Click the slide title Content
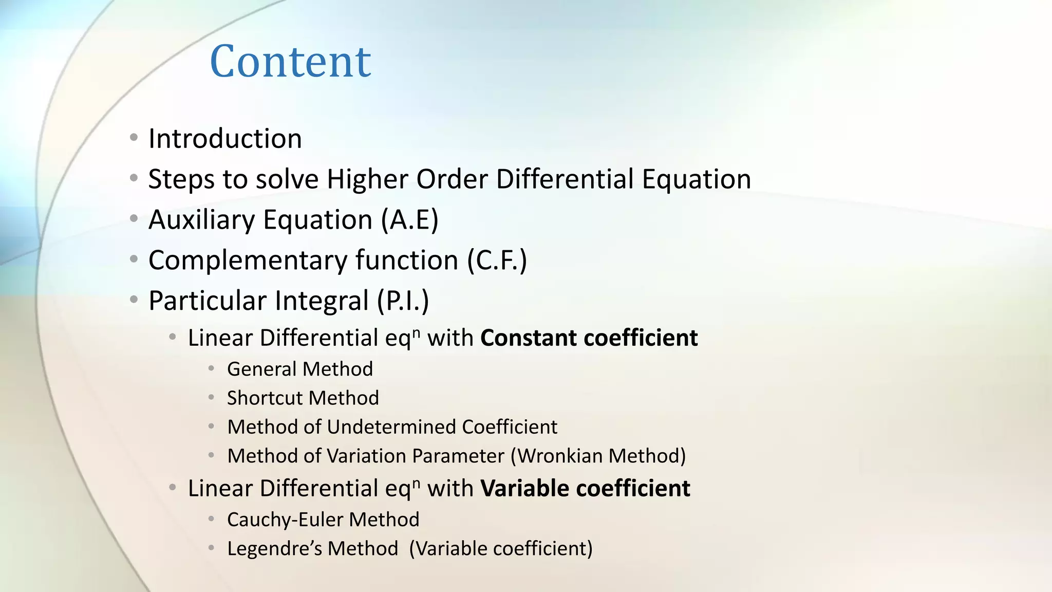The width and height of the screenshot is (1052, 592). [x=290, y=62]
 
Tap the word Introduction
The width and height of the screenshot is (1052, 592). [x=225, y=139]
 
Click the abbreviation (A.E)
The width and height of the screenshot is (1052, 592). [x=409, y=220]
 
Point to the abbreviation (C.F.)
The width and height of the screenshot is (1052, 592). [x=497, y=260]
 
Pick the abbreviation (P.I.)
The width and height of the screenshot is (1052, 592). [x=403, y=301]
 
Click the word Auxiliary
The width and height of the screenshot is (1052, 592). [x=201, y=220]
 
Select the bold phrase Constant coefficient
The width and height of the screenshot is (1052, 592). [x=589, y=338]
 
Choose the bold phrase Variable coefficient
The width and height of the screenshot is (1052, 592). [x=585, y=488]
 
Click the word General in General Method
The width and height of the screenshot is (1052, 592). [x=261, y=369]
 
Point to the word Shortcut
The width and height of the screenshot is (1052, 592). [x=264, y=398]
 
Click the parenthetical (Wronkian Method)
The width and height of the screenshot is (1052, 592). [x=598, y=456]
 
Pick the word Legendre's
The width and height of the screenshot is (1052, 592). [x=274, y=548]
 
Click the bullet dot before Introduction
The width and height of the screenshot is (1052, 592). [x=134, y=138]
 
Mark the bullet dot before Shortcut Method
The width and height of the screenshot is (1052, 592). [x=211, y=397]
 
